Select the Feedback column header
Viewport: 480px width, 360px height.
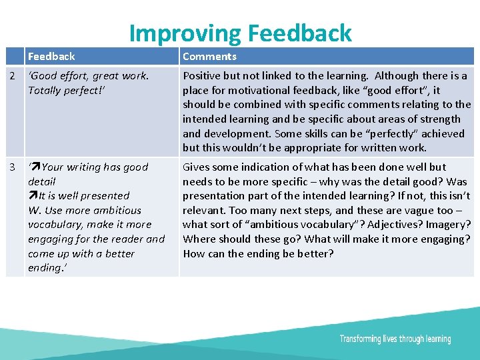tap(51, 57)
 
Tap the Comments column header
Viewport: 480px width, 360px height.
tap(209, 57)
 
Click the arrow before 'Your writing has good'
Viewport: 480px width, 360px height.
tap(35, 167)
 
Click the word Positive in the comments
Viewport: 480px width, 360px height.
tap(203, 76)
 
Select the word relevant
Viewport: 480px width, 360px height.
tap(203, 210)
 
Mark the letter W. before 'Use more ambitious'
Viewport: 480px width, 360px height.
tap(35, 211)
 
